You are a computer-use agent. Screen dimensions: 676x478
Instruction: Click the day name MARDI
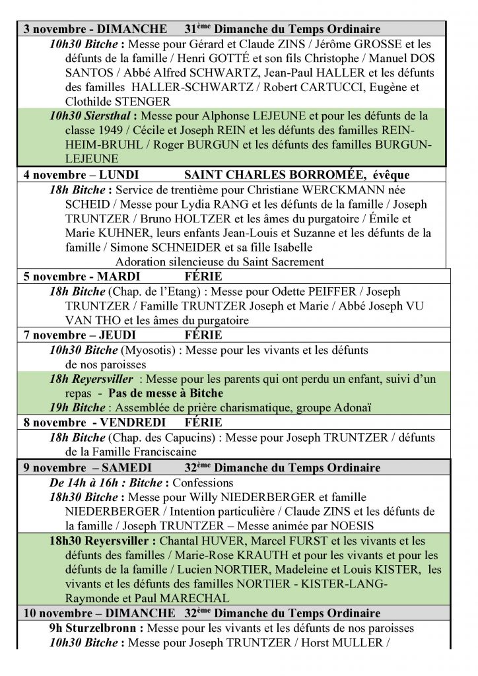[x=119, y=276]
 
